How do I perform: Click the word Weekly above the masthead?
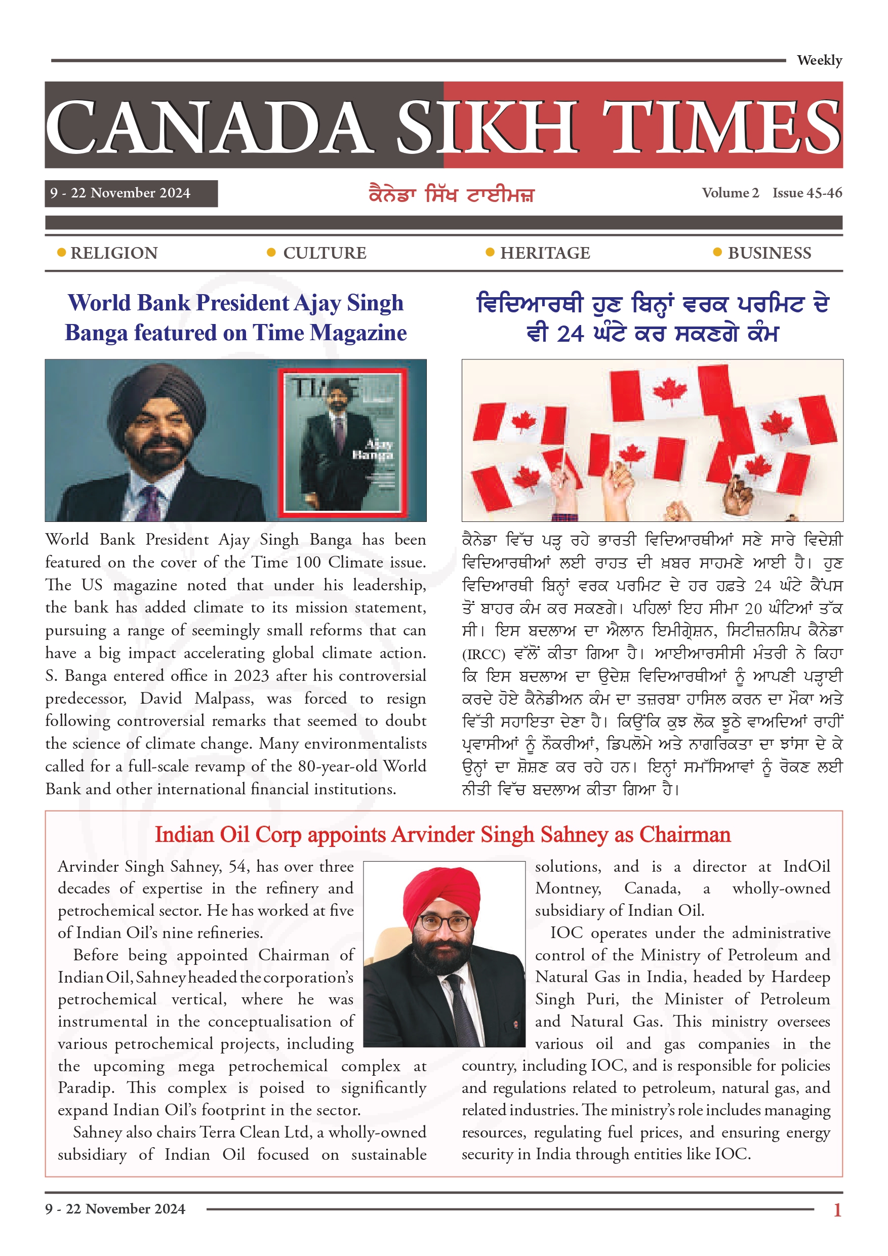(x=819, y=60)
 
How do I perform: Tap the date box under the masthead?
(x=131, y=193)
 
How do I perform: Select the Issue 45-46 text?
(x=807, y=192)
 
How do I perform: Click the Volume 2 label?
(x=730, y=192)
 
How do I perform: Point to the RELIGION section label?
(x=114, y=253)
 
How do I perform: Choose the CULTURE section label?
(x=325, y=253)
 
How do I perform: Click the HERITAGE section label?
(x=545, y=253)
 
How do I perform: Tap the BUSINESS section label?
(x=769, y=253)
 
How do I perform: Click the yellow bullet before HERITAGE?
(x=490, y=252)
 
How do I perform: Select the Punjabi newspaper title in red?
(x=451, y=194)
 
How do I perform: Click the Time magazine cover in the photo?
(x=343, y=442)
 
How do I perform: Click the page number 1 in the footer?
(x=837, y=1209)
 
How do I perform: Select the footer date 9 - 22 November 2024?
(x=115, y=1208)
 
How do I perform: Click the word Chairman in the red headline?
(x=684, y=835)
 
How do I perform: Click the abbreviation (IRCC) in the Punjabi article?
(x=483, y=654)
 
